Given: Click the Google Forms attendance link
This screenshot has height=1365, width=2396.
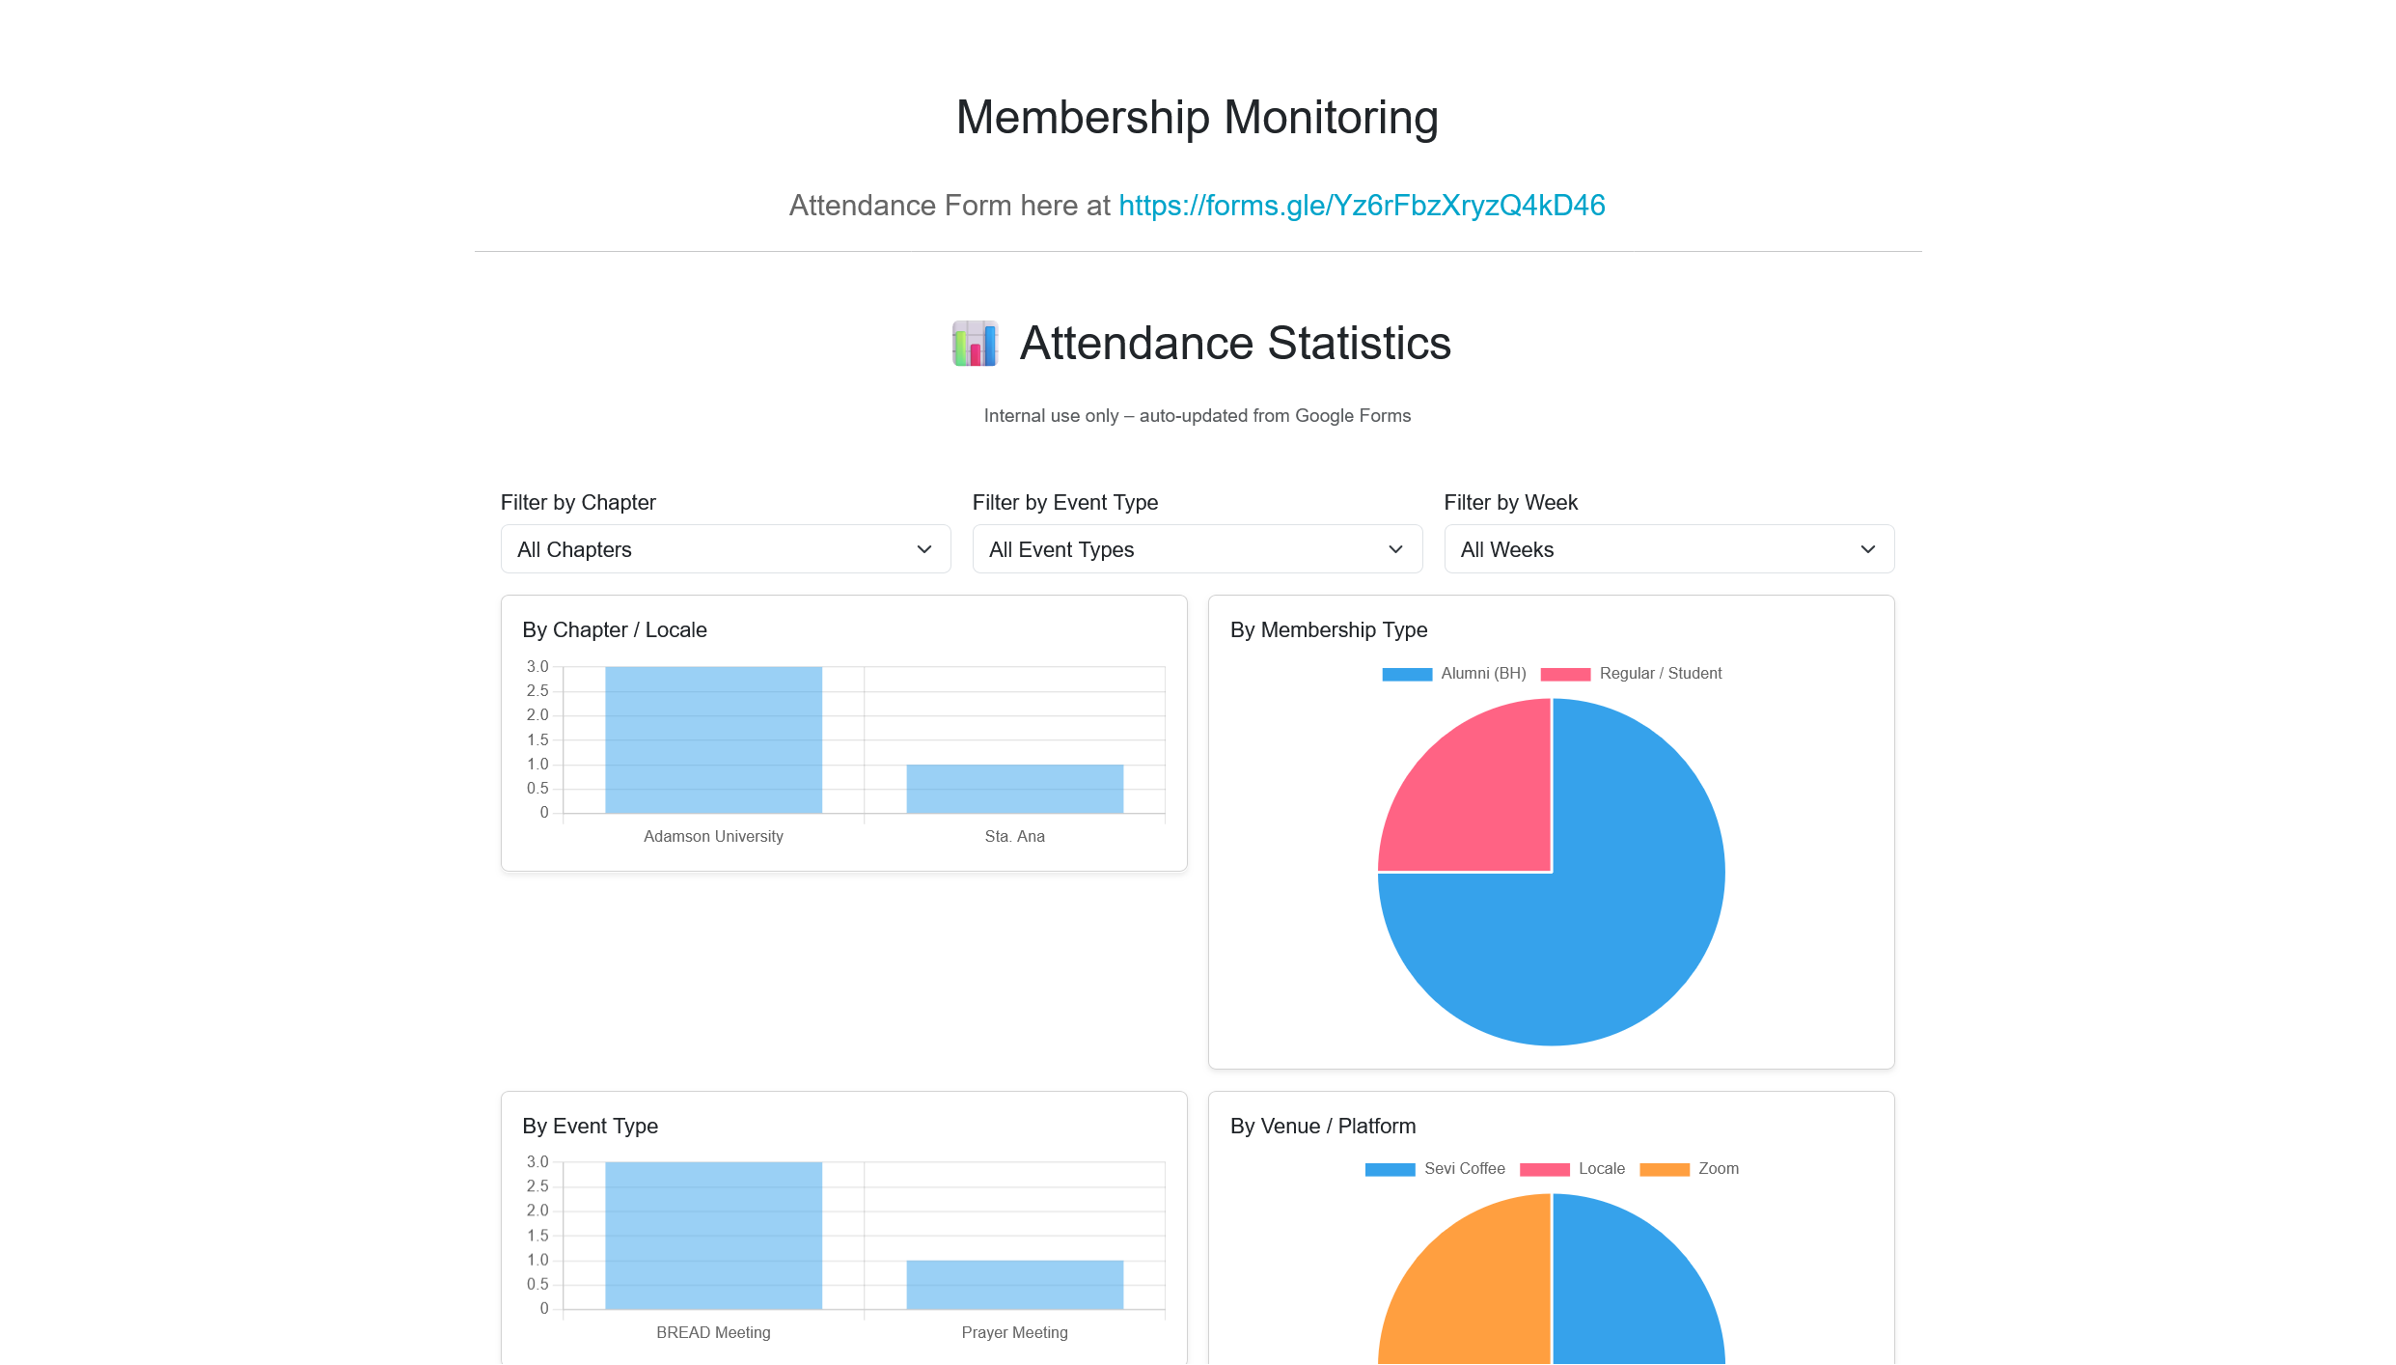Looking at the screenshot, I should [1361, 206].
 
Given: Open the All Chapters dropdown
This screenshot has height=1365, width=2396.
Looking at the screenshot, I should [725, 549].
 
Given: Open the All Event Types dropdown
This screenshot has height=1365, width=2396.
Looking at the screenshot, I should [1197, 549].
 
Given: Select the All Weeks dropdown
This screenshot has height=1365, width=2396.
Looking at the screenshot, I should [1668, 549].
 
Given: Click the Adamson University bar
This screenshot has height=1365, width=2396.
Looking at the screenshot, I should [713, 740].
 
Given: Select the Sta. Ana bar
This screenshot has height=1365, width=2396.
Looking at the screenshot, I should [1014, 789].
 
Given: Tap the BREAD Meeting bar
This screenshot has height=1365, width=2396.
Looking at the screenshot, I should [713, 1236].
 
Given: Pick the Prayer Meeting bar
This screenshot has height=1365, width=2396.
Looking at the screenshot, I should [1014, 1284].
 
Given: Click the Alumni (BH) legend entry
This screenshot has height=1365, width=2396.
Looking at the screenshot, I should [1454, 674].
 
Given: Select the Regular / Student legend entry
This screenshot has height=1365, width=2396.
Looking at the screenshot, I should [1631, 674].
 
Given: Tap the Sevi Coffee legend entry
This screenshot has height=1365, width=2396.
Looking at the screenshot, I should [1435, 1169].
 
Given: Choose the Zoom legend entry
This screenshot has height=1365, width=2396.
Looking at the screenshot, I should [1689, 1169].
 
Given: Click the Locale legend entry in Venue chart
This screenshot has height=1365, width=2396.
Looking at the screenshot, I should [1572, 1169].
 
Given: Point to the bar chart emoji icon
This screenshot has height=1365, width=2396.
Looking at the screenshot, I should [975, 344].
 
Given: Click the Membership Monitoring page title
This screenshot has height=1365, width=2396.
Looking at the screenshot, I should [1197, 118].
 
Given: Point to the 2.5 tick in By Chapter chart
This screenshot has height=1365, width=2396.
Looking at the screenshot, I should [537, 691].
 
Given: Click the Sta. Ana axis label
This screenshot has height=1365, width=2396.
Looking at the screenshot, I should [1014, 837].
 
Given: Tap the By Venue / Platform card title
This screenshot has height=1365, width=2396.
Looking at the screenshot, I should [1322, 1127].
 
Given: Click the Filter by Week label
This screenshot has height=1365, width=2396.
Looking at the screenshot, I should [1510, 503].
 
